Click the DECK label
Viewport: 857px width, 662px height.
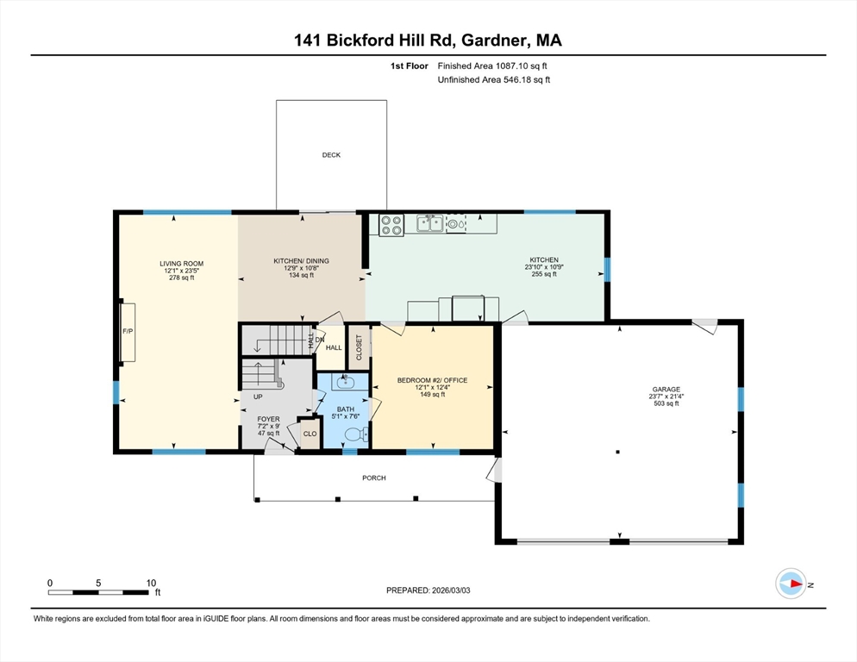(x=331, y=155)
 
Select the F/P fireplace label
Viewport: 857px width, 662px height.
(x=127, y=331)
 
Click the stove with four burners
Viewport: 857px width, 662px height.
(x=391, y=225)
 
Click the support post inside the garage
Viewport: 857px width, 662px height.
(x=617, y=452)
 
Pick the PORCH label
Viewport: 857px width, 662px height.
(x=373, y=478)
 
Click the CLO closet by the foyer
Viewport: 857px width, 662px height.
(x=310, y=434)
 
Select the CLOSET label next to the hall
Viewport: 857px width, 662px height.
(x=359, y=347)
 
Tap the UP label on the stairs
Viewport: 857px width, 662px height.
(x=257, y=397)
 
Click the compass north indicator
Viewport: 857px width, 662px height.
(x=791, y=584)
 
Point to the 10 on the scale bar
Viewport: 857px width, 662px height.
(x=151, y=583)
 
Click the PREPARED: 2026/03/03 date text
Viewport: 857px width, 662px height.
(x=428, y=590)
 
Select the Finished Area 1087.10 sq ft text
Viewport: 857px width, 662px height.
(x=492, y=66)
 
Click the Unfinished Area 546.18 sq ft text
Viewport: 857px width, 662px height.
(x=493, y=79)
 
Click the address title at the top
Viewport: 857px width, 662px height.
(x=428, y=40)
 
